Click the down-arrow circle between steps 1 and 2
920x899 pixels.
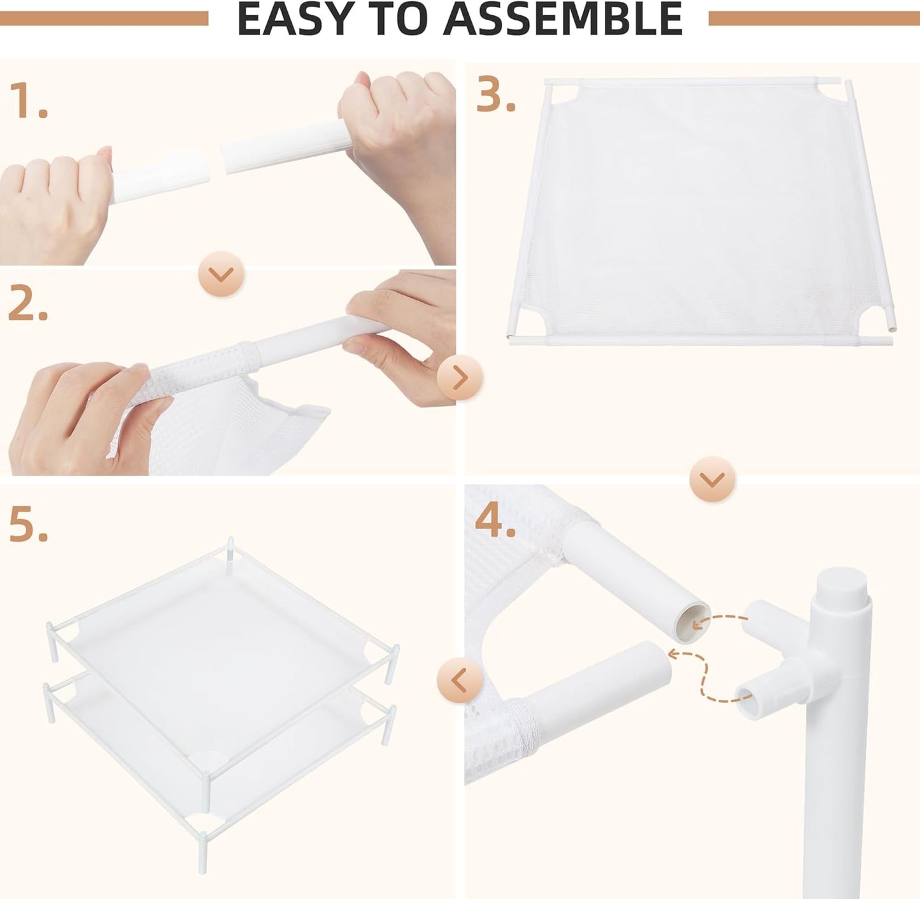coord(222,274)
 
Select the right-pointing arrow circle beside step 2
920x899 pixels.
coord(460,378)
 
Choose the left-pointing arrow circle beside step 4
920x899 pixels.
coord(460,680)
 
